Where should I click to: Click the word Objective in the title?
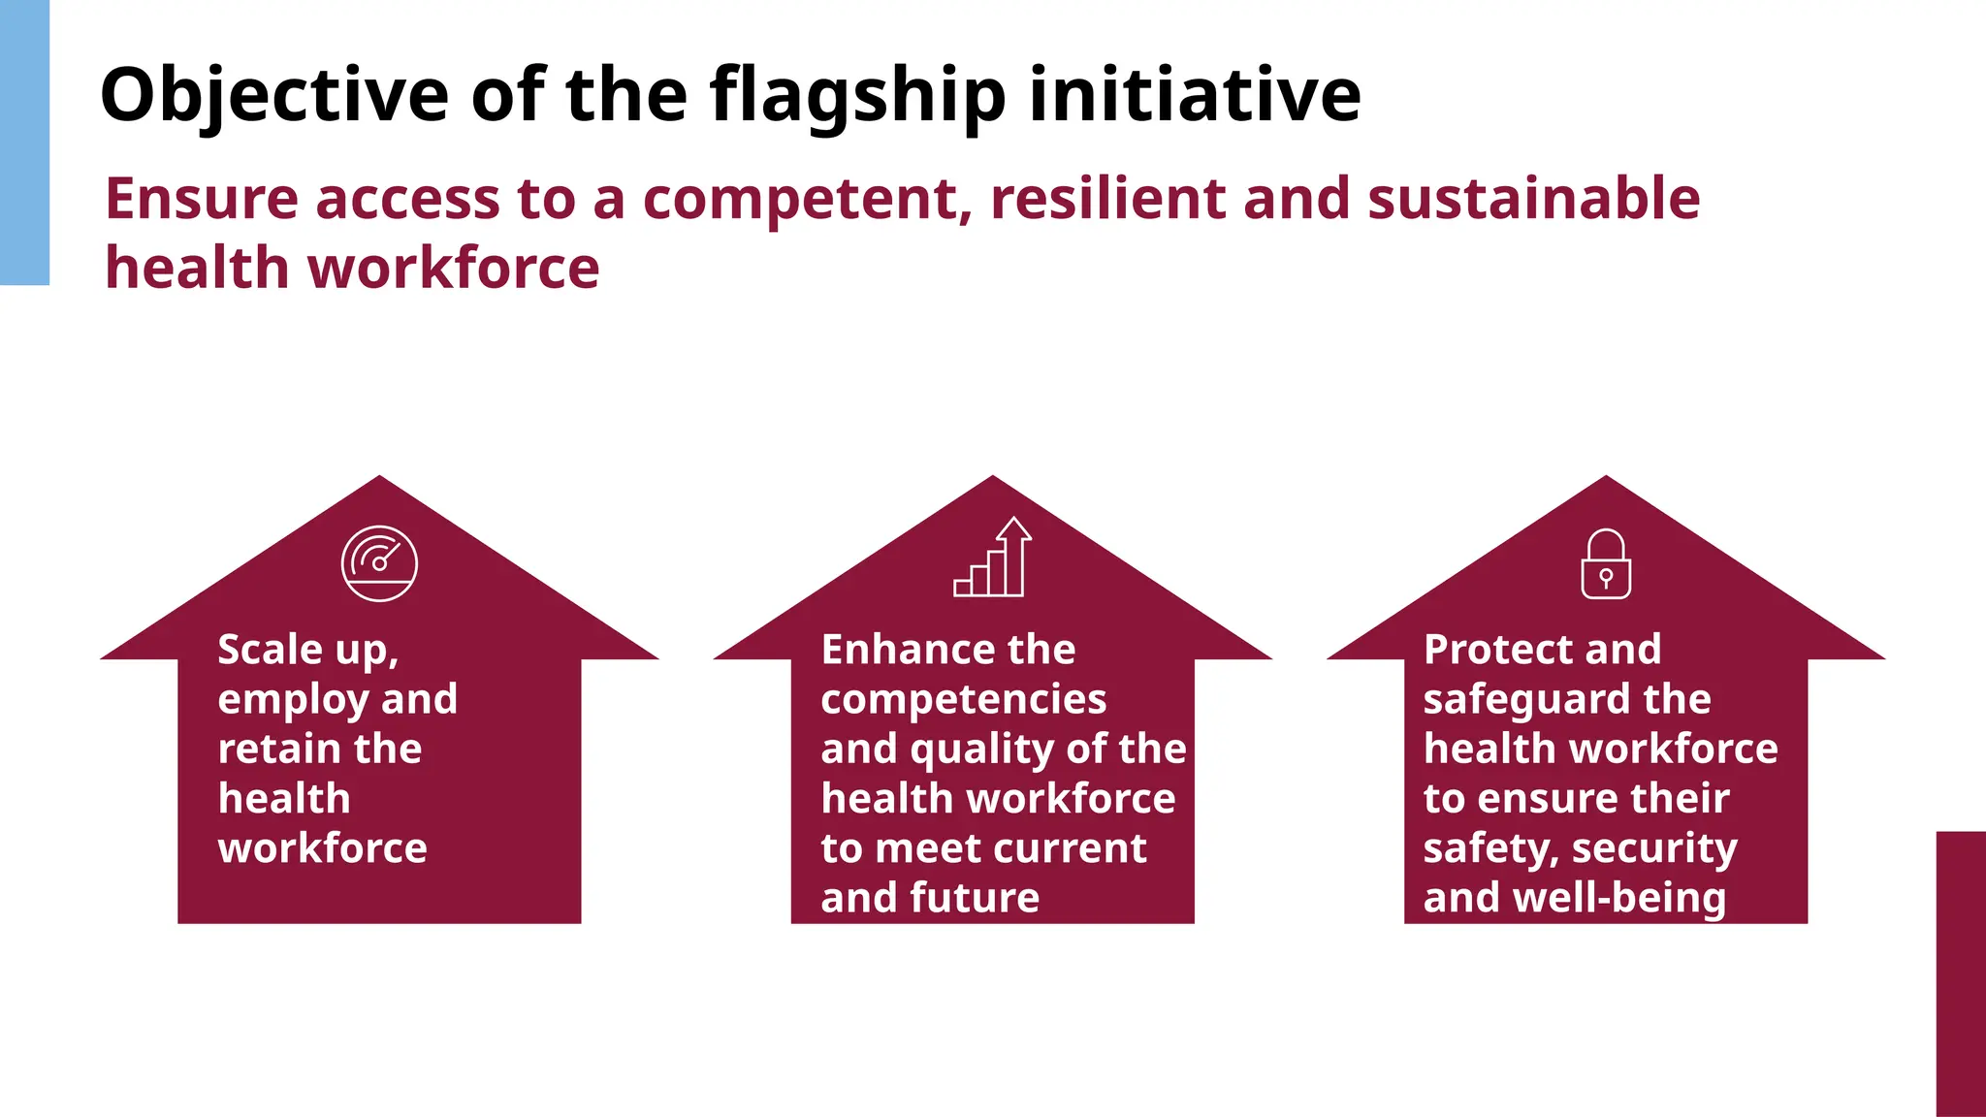(274, 95)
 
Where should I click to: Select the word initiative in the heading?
(1195, 95)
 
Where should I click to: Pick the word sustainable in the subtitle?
(1533, 199)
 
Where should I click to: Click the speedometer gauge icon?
(379, 563)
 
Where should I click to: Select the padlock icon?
(1606, 563)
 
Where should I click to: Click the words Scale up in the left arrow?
(307, 650)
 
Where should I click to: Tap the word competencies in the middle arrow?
(963, 700)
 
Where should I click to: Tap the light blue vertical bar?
(24, 143)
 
